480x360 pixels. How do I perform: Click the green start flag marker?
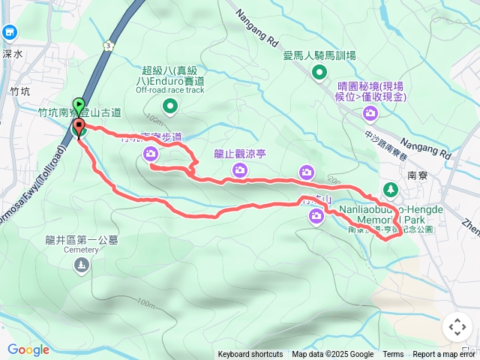point(78,106)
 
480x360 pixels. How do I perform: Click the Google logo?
point(28,349)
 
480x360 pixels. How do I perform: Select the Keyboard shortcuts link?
point(250,355)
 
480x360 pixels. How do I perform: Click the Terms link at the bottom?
point(393,355)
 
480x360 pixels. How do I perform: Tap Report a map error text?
point(444,355)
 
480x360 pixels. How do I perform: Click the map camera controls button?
point(457,327)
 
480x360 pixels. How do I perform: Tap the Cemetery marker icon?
point(81,264)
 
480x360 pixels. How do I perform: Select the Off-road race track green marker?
point(169,106)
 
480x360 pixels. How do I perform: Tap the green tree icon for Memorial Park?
point(390,189)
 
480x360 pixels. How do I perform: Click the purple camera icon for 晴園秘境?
point(370,113)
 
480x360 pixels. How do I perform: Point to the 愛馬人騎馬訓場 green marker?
point(319,73)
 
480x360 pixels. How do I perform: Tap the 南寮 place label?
point(417,175)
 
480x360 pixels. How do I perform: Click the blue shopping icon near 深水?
point(10,32)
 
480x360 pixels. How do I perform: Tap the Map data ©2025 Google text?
point(332,355)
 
